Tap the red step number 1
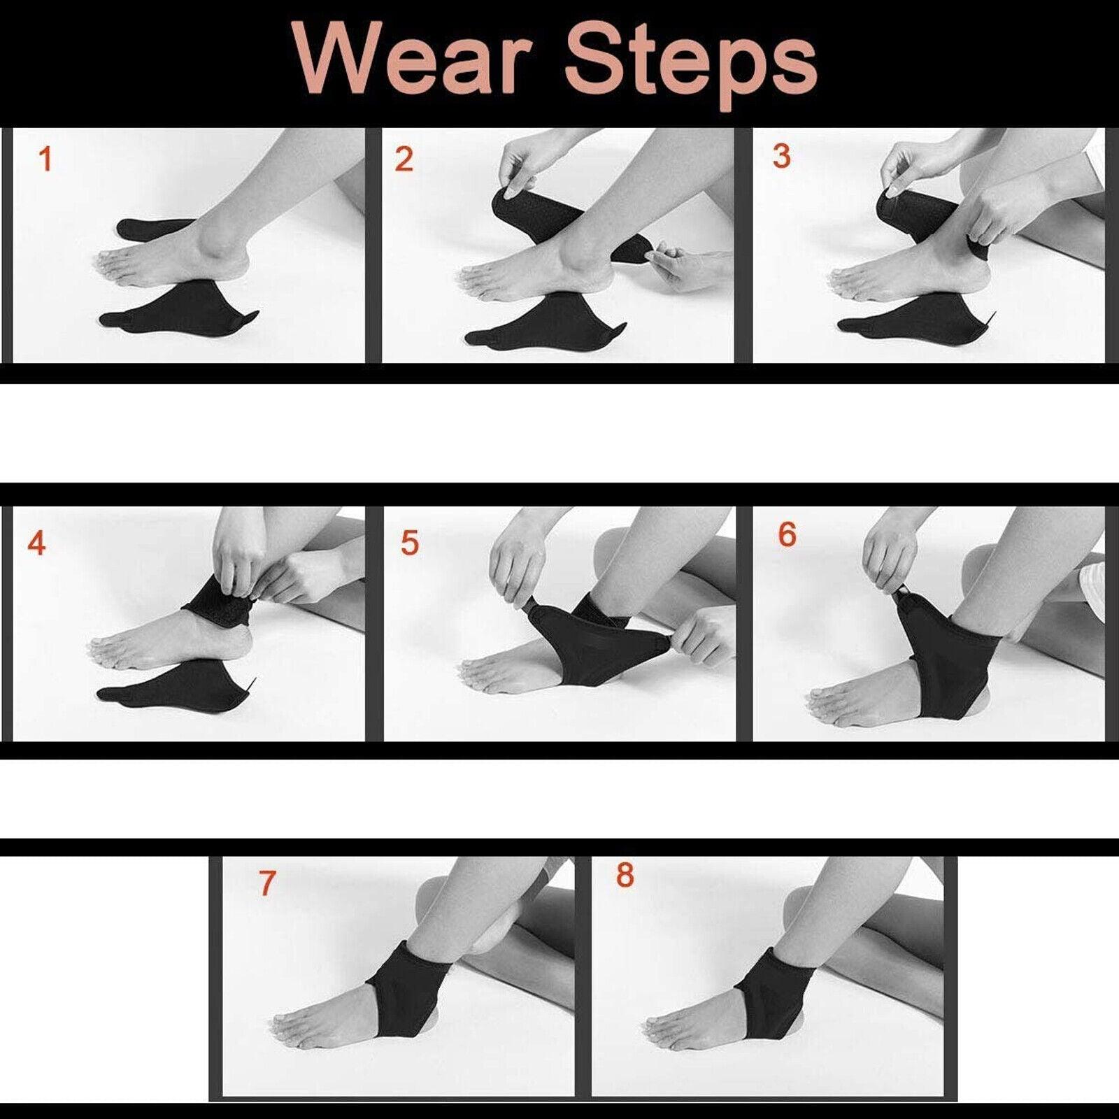point(45,159)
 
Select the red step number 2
point(404,159)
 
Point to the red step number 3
point(781,156)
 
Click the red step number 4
point(36,543)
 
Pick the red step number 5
point(409,543)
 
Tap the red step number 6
point(787,535)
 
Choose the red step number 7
point(266,883)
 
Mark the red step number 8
point(625,876)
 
